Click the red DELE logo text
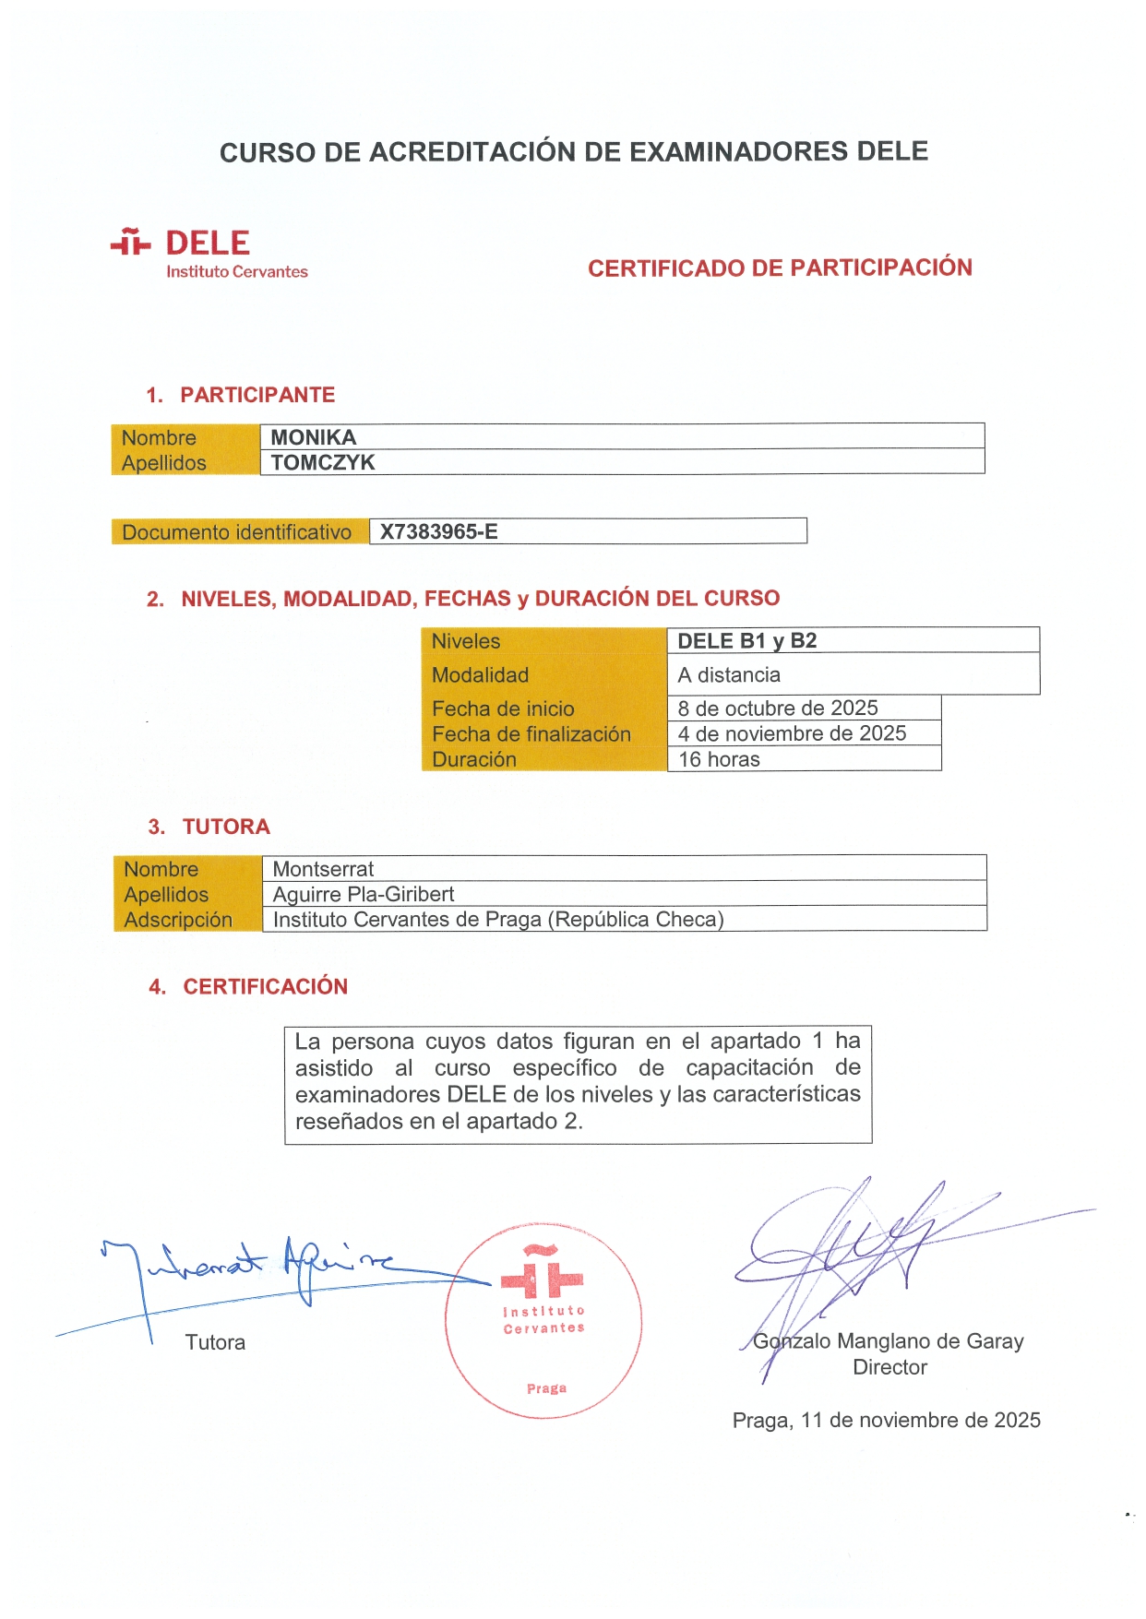coord(208,244)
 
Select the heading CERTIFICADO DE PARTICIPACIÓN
coord(780,268)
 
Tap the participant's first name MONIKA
coord(313,437)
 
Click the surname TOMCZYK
coord(323,462)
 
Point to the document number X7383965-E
coord(438,531)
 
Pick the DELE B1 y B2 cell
coord(746,641)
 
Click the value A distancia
coord(729,675)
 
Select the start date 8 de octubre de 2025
coord(777,708)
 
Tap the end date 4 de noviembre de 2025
coord(792,733)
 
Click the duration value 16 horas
coord(719,759)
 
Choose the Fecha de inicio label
coord(503,708)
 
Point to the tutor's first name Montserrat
coord(323,869)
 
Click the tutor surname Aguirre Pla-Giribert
coord(364,894)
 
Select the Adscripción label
coord(178,920)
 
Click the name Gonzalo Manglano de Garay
coord(888,1341)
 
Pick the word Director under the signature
coord(889,1367)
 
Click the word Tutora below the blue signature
coord(215,1342)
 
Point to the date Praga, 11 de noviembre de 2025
coord(886,1420)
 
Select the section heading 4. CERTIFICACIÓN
coord(248,986)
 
